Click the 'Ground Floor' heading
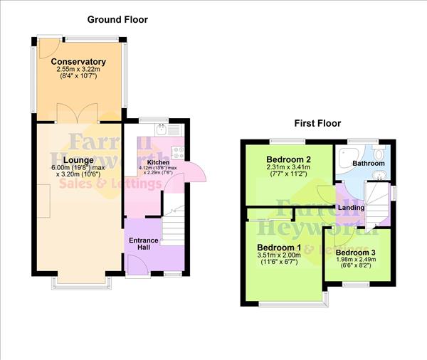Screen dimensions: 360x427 pyautogui.click(x=118, y=19)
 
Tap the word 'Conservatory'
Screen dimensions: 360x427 pyautogui.click(x=78, y=63)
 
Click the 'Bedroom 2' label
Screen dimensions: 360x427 pyautogui.click(x=289, y=159)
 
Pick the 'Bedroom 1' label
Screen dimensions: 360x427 pyautogui.click(x=279, y=247)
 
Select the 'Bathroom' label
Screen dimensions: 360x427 pyautogui.click(x=369, y=164)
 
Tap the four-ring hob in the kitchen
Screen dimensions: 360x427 pyautogui.click(x=176, y=152)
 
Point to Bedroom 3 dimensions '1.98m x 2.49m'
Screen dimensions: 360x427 pyautogui.click(x=357, y=261)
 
